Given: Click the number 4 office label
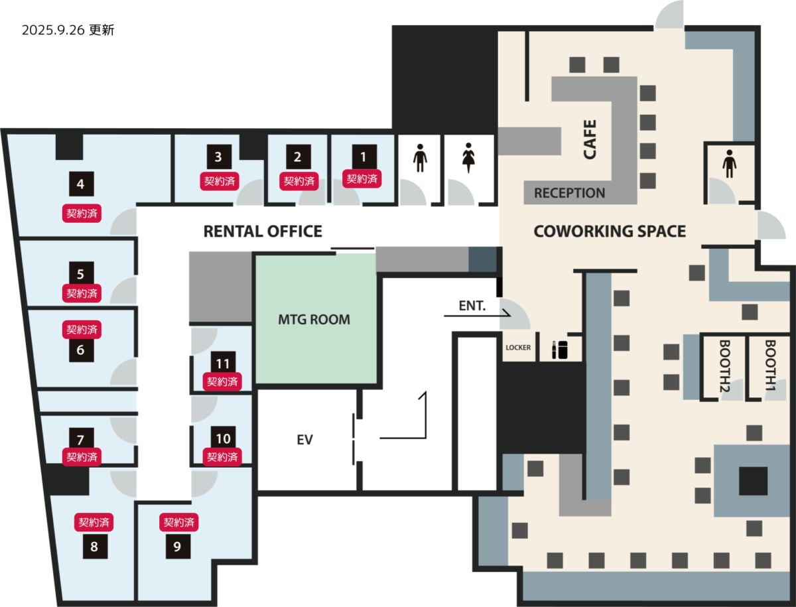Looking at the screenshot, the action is [x=81, y=184].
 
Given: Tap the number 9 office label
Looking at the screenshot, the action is [x=178, y=546].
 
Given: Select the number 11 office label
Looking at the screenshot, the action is [x=223, y=363].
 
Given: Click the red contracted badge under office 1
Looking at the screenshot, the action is [x=362, y=178].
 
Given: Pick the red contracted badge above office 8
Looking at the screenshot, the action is [x=94, y=522].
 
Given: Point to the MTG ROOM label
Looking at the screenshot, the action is [x=314, y=320].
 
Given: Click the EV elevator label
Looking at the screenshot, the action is [x=304, y=440].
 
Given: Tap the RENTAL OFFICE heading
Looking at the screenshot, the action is [x=263, y=232].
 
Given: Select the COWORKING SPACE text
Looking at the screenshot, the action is [x=610, y=232].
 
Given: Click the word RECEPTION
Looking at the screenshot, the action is [x=569, y=193].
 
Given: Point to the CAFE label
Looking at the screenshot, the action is [x=590, y=139].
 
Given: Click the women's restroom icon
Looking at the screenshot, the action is [x=468, y=158].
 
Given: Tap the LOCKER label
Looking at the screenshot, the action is [x=518, y=348].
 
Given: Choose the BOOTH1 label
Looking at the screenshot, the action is [x=770, y=365].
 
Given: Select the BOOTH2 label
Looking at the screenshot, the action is [x=724, y=366].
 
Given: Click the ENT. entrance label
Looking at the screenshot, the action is [x=472, y=306].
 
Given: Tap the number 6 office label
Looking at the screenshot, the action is [x=81, y=350].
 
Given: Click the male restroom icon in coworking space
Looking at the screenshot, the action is [x=729, y=164].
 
